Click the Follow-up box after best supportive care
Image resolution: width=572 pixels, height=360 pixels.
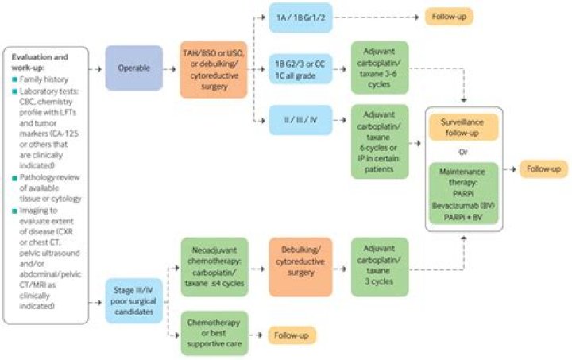[x=292, y=335]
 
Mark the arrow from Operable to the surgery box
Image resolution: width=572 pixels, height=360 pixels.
[x=169, y=69]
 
